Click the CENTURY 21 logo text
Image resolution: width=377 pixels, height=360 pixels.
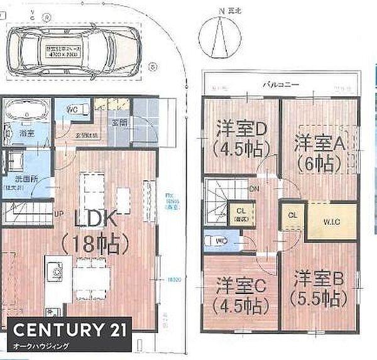[65, 329]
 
